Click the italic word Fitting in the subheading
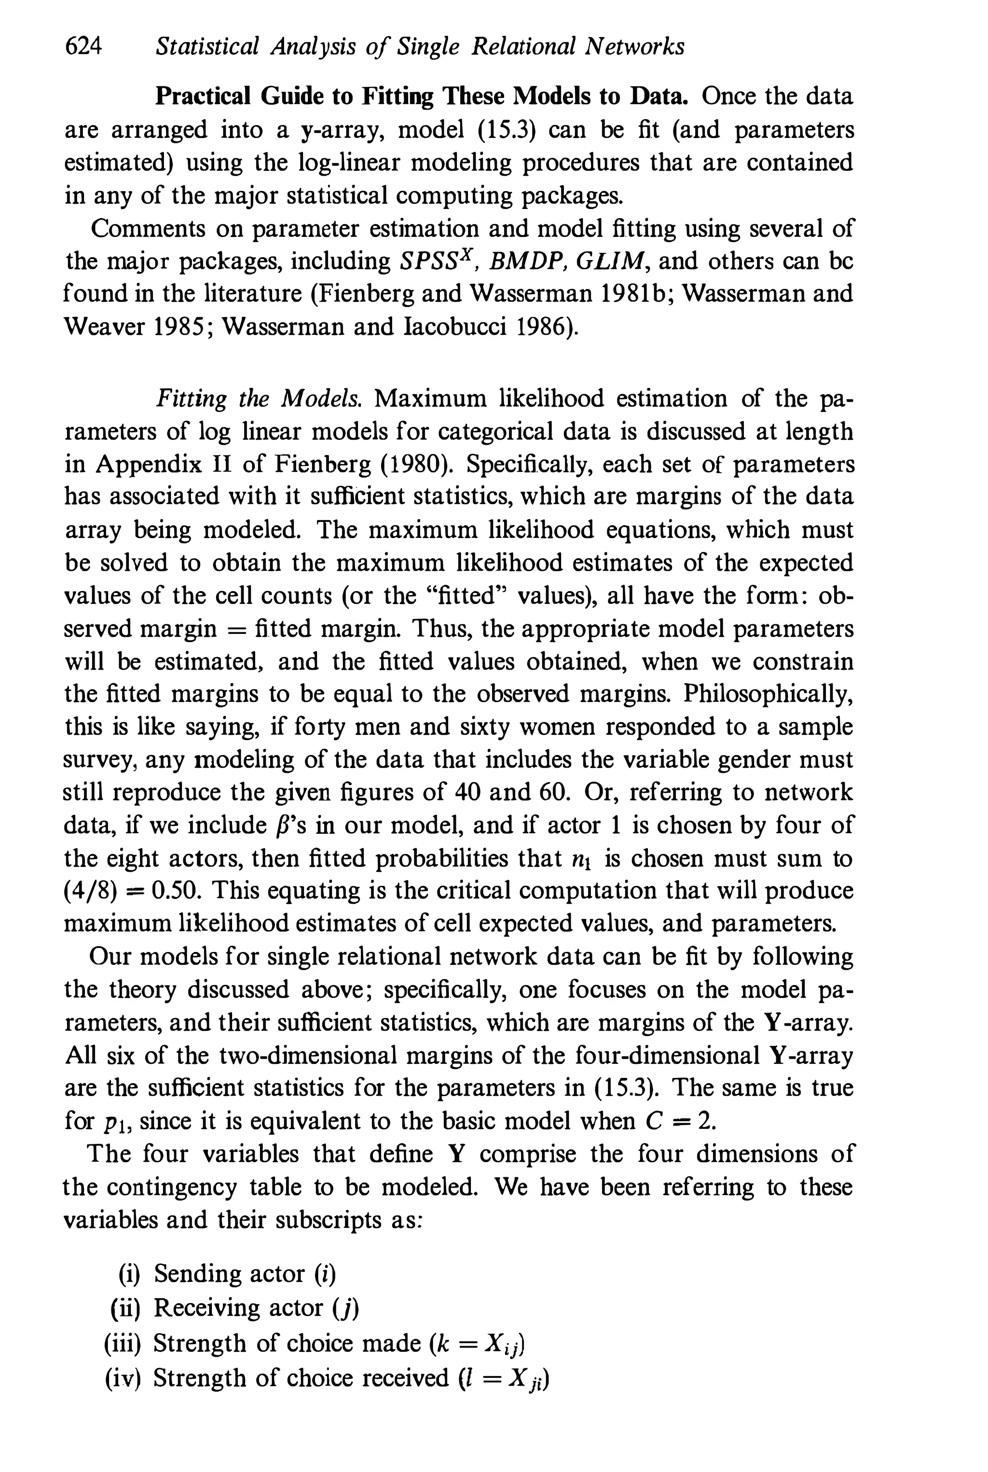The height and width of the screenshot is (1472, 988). click(191, 399)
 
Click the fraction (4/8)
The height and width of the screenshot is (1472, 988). click(91, 890)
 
